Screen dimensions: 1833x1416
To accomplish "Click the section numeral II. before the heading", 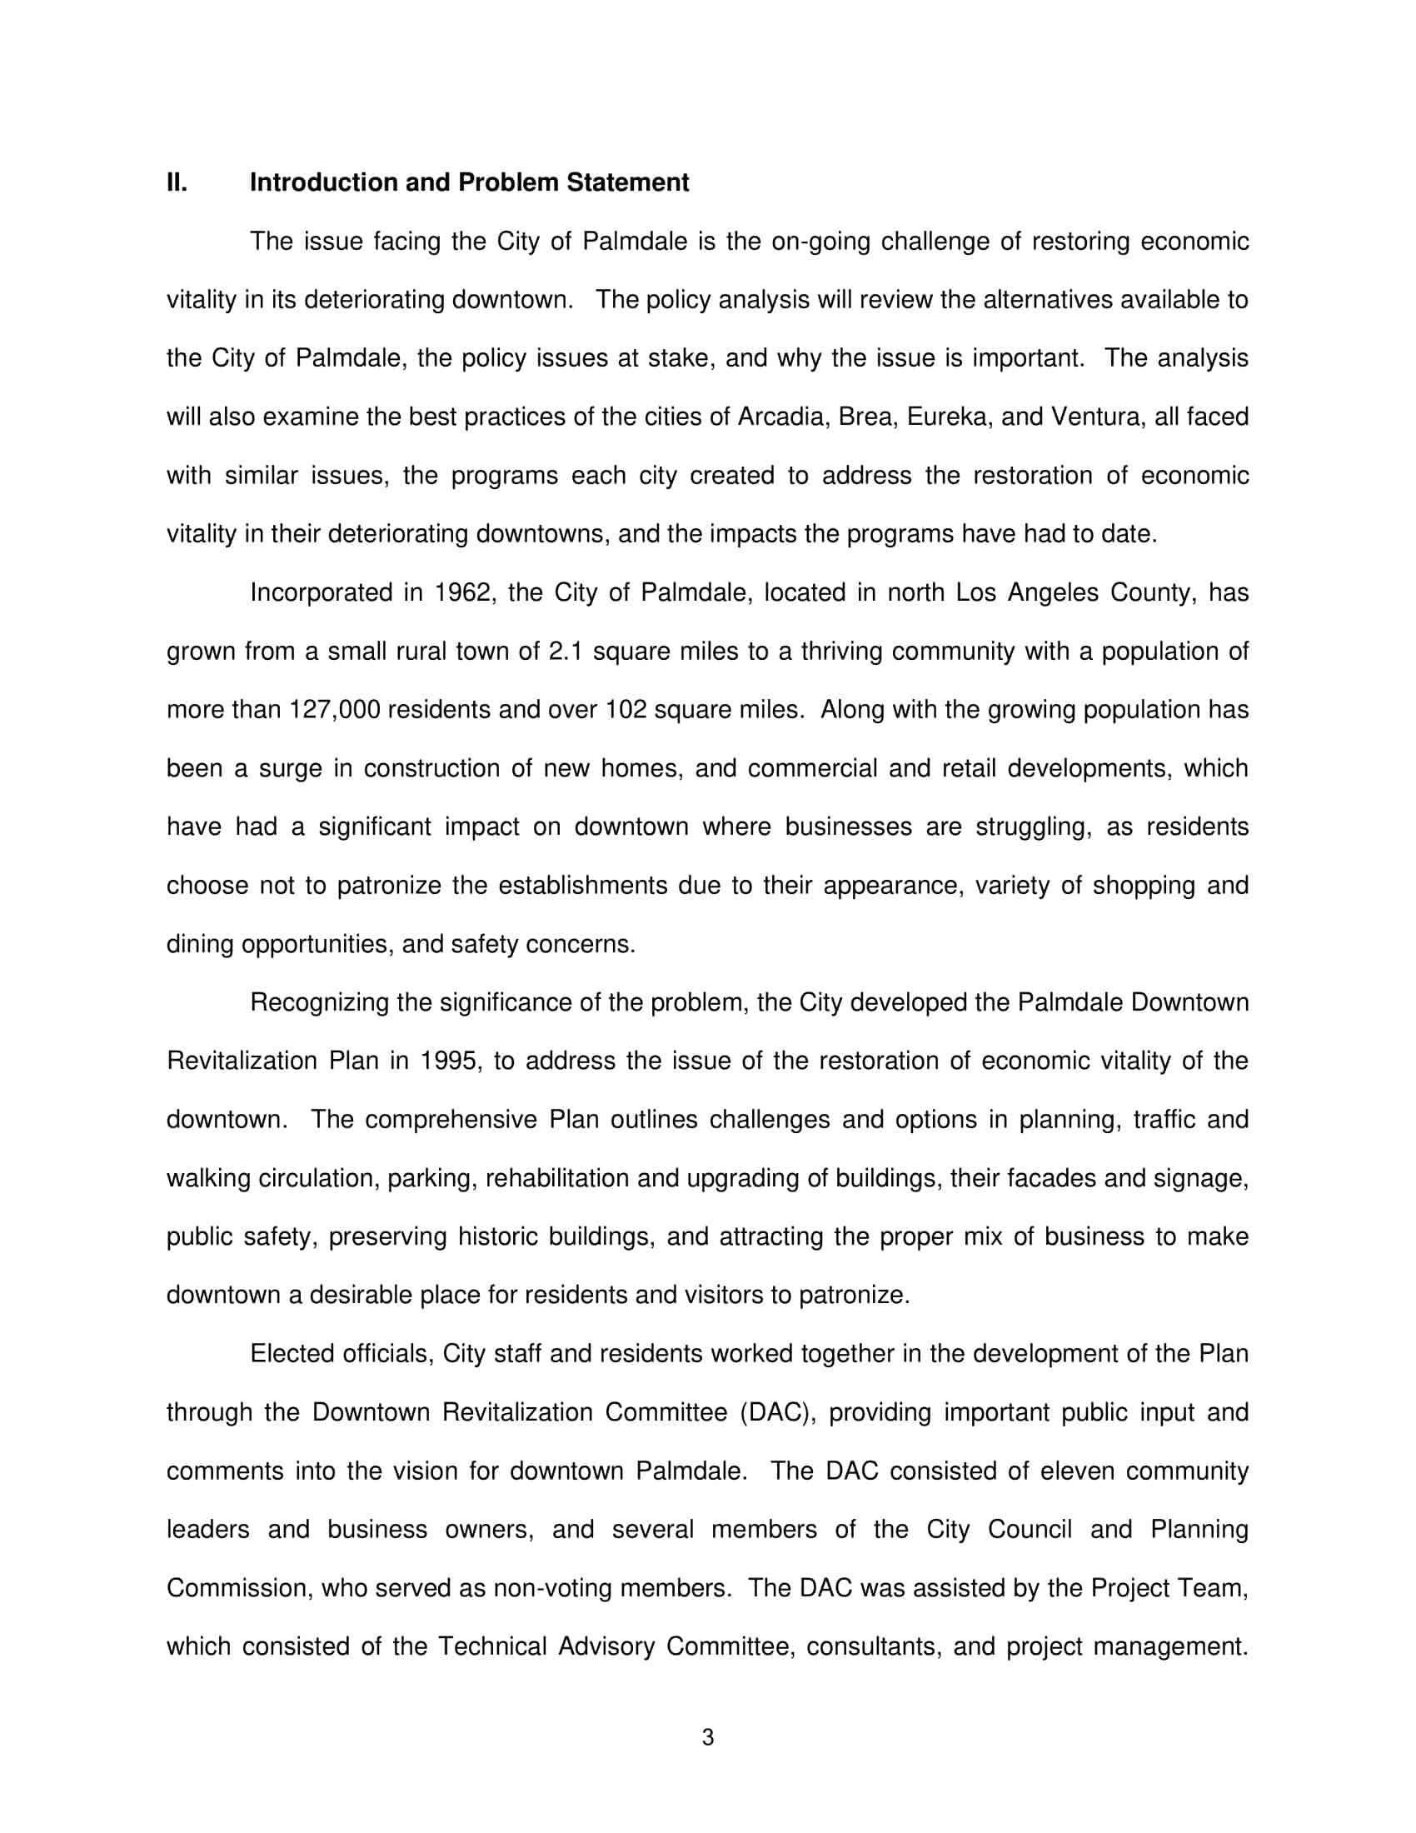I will pyautogui.click(x=177, y=183).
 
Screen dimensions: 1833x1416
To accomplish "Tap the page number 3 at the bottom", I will pyautogui.click(x=707, y=1738).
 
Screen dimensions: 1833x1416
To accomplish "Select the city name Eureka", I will pyautogui.click(x=948, y=417).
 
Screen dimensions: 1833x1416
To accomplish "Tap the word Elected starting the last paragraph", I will pyautogui.click(x=291, y=1354).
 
